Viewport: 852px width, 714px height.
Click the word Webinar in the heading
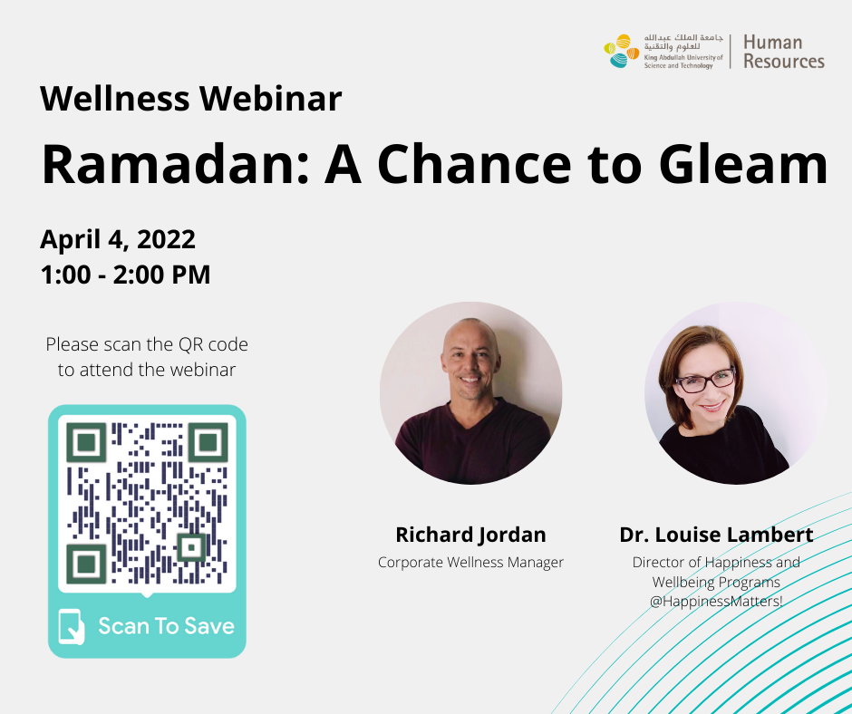click(271, 99)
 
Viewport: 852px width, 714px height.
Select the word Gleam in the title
click(743, 164)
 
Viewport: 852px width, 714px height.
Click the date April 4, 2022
click(118, 239)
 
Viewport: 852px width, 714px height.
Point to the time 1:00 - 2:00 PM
click(125, 275)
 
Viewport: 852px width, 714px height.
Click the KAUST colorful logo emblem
click(622, 51)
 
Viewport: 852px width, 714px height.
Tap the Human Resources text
click(783, 52)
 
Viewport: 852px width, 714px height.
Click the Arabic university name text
click(683, 42)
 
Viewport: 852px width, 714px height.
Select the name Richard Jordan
click(470, 535)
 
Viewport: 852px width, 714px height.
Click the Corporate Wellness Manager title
click(470, 562)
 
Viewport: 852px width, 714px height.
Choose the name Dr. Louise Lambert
click(716, 535)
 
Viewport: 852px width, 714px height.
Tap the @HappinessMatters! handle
click(716, 602)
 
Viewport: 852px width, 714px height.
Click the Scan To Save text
click(166, 626)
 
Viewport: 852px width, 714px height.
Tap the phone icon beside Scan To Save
click(72, 626)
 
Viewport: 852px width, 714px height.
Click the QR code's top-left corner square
click(86, 442)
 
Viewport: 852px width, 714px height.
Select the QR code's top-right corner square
click(208, 442)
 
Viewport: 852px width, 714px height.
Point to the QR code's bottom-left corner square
click(86, 564)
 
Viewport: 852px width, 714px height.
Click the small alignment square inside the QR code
click(191, 547)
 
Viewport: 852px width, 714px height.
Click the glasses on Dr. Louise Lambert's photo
click(704, 381)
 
